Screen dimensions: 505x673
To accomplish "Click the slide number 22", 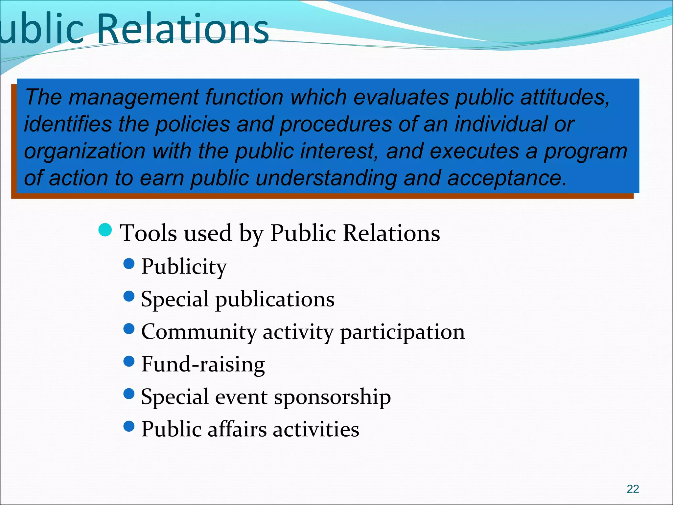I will pyautogui.click(x=633, y=489).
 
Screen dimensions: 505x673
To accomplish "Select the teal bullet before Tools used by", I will pyautogui.click(x=105, y=230).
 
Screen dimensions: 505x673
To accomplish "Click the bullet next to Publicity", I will pyautogui.click(x=129, y=263).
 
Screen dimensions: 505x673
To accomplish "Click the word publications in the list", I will pyautogui.click(x=275, y=300).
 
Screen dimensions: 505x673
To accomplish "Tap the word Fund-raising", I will pyautogui.click(x=203, y=364).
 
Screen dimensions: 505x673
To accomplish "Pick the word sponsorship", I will pyautogui.click(x=332, y=397).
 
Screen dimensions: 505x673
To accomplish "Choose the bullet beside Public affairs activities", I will pyautogui.click(x=129, y=426).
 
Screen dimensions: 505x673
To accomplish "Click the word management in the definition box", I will pyautogui.click(x=134, y=98).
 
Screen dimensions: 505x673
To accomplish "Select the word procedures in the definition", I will pyautogui.click(x=336, y=125).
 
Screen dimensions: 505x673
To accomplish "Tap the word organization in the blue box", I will pyautogui.click(x=85, y=152).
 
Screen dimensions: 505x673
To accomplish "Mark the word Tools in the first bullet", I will pyautogui.click(x=149, y=233).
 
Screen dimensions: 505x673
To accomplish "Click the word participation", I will pyautogui.click(x=402, y=332).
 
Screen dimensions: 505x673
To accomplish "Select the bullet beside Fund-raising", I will pyautogui.click(x=129, y=361).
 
